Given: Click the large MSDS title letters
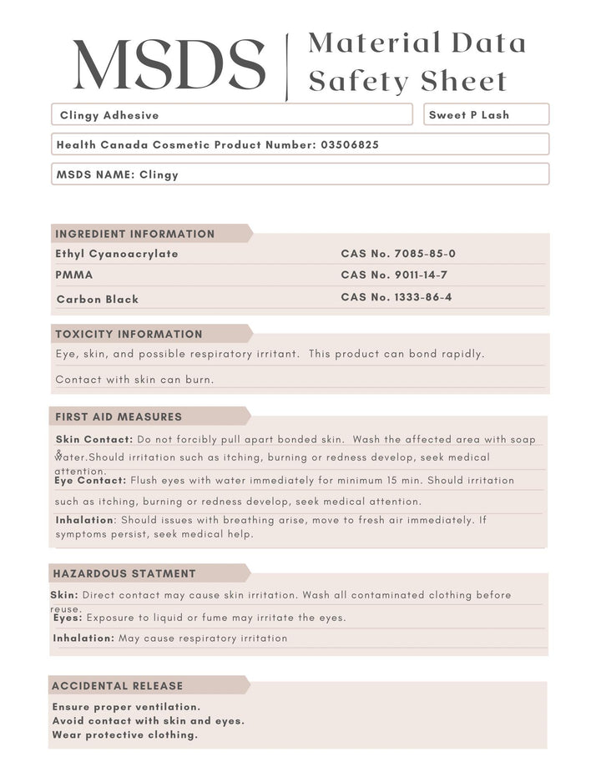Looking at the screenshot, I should click(169, 64).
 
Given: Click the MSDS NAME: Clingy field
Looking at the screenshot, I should click(117, 174).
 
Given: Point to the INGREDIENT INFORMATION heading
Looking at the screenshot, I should click(135, 234).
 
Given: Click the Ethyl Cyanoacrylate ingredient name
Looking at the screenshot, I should click(117, 254).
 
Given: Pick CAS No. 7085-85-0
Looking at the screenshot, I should click(398, 254).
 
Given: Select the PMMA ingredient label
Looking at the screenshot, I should click(74, 275).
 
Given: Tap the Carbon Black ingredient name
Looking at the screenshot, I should click(98, 299).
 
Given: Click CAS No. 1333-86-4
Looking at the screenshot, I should click(396, 297).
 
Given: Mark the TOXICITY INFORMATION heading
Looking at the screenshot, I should click(129, 334).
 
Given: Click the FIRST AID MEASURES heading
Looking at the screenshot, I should click(119, 416).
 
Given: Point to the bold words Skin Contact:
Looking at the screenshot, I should click(94, 439).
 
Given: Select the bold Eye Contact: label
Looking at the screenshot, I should click(90, 480).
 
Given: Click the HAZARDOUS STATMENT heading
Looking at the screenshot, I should click(124, 573).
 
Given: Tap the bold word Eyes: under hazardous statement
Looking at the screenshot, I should click(68, 618).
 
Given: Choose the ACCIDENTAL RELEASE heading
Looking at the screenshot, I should click(118, 685).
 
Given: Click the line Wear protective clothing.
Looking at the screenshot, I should click(125, 734).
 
